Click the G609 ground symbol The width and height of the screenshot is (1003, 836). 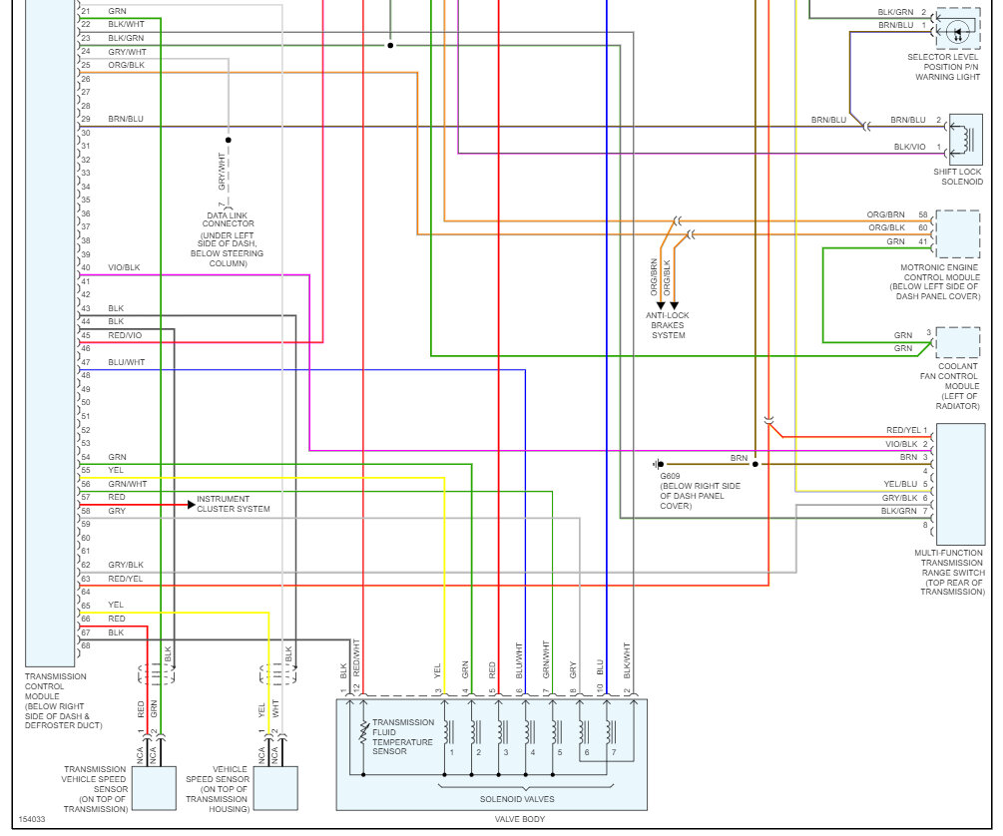pyautogui.click(x=657, y=464)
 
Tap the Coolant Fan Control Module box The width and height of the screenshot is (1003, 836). pyautogui.click(x=958, y=342)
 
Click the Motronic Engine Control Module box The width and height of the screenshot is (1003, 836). pyautogui.click(x=958, y=234)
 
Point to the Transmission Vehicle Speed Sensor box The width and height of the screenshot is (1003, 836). pyautogui.click(x=154, y=788)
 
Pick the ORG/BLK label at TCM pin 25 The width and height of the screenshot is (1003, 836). pyautogui.click(x=127, y=65)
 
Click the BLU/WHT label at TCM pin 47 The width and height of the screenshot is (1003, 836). pyautogui.click(x=127, y=362)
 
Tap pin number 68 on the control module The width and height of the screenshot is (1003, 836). pyautogui.click(x=86, y=645)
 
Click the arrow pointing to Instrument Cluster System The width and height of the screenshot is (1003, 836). pyautogui.click(x=189, y=505)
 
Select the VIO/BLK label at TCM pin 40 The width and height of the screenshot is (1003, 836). pyautogui.click(x=125, y=267)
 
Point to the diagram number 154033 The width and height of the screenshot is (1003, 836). pyautogui.click(x=31, y=819)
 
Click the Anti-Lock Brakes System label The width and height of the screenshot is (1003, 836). pyautogui.click(x=668, y=325)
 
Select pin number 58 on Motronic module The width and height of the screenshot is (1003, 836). pyautogui.click(x=923, y=214)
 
